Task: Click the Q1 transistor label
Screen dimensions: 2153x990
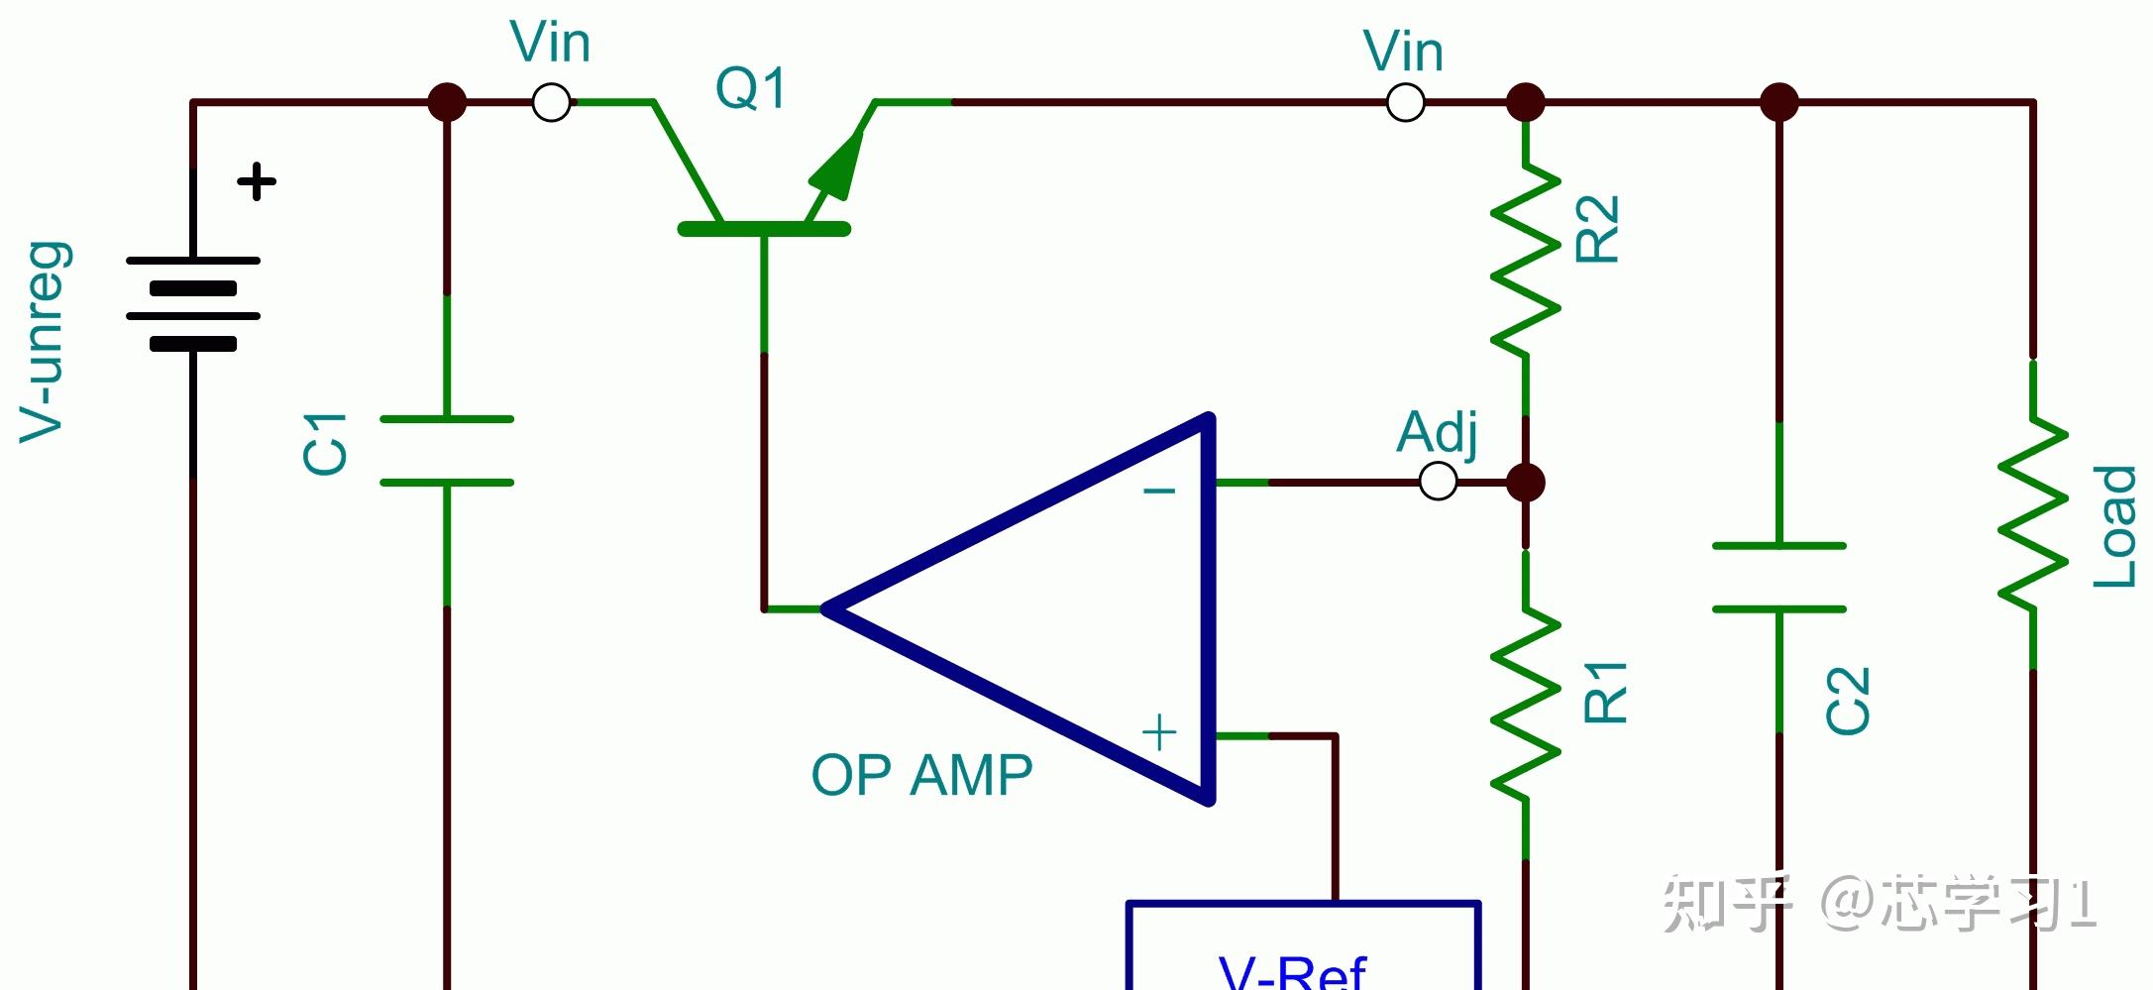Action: click(x=751, y=88)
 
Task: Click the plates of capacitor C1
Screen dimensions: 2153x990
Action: click(x=447, y=451)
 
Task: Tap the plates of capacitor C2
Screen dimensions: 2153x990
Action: click(x=1779, y=578)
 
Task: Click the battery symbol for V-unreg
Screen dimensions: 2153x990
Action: click(x=193, y=302)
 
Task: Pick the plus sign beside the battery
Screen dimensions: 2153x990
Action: click(x=257, y=181)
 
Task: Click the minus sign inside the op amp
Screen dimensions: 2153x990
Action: click(x=1159, y=491)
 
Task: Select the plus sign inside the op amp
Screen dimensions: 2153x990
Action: click(x=1159, y=733)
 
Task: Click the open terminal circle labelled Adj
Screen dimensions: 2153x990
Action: click(x=1439, y=483)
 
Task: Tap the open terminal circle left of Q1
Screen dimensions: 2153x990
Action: click(x=551, y=102)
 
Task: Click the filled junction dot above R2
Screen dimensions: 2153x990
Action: click(x=1526, y=102)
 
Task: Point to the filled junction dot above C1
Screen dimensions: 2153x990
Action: click(x=447, y=102)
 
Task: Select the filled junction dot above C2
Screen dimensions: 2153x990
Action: click(x=1779, y=102)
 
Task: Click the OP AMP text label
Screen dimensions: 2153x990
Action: click(x=921, y=775)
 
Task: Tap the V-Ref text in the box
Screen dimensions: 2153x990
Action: click(x=1293, y=971)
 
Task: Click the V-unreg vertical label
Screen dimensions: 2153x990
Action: click(x=45, y=342)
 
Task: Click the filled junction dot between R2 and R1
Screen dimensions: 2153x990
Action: click(x=1526, y=483)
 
